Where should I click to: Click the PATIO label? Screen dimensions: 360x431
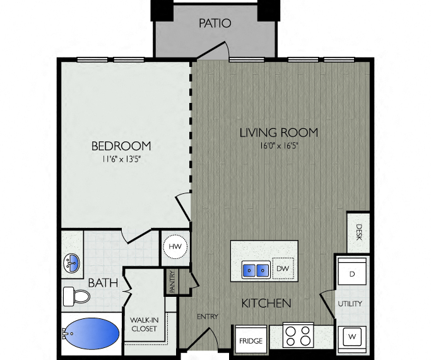click(x=215, y=24)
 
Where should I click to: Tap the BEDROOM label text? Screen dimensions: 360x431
click(x=121, y=146)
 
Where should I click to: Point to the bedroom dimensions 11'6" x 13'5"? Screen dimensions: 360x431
click(x=121, y=160)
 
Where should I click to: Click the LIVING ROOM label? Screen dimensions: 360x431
click(x=278, y=133)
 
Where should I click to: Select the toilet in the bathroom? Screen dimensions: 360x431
click(x=76, y=296)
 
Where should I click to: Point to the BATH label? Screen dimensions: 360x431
click(x=102, y=283)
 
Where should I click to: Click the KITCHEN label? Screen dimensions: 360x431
click(x=266, y=303)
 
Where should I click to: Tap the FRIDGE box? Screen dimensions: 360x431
click(x=250, y=340)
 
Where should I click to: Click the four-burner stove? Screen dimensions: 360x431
click(x=298, y=335)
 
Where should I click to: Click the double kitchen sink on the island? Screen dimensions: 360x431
click(x=255, y=270)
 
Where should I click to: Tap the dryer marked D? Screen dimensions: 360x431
click(x=351, y=273)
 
